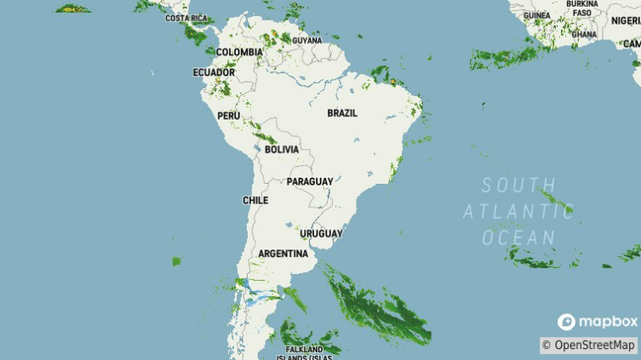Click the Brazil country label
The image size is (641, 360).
point(342,113)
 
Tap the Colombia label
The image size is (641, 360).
point(239,52)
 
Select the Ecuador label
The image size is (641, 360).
point(214,72)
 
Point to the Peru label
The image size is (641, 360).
point(228,116)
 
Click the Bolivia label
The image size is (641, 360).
point(282,149)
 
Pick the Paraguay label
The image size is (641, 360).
point(310,182)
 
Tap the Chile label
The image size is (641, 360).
point(255,201)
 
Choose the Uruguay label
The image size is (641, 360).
point(321,233)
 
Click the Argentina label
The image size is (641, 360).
point(283,254)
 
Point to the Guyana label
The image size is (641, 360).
point(307,40)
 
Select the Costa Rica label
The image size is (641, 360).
point(186,18)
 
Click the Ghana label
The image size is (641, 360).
point(584,35)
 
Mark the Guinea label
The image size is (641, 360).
point(536,15)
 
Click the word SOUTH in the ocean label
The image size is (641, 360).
point(518,186)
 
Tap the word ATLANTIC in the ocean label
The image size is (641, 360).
point(519,211)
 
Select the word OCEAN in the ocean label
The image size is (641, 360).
point(518,237)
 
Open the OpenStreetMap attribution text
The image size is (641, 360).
point(589,345)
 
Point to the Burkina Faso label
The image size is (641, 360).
point(582,9)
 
